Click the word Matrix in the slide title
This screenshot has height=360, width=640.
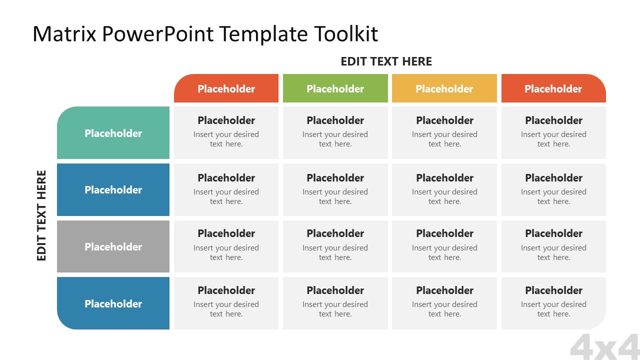64,34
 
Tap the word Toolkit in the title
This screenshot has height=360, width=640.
346,34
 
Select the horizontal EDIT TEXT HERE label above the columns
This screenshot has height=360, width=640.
386,61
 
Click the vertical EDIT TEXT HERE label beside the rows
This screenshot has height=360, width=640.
41,215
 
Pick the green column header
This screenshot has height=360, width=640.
335,88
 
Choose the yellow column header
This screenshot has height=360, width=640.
444,88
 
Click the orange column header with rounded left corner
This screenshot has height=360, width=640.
226,88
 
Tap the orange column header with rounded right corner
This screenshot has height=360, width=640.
553,88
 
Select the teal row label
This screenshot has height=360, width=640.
113,133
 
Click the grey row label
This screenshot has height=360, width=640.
113,246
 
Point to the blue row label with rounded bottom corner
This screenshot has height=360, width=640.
113,303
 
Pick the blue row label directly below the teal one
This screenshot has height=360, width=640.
113,190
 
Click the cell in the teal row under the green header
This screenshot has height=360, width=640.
335,132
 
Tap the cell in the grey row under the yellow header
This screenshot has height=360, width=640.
444,246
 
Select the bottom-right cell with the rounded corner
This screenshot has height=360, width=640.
553,303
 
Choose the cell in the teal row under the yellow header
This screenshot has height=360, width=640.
444,132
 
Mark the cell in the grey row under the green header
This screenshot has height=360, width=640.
335,246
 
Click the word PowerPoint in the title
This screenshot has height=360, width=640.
158,34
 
